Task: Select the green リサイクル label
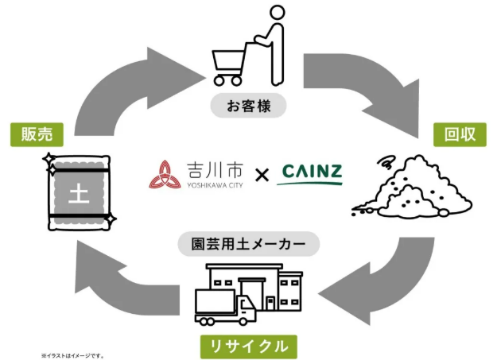(248, 346)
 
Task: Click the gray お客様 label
(248, 105)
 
